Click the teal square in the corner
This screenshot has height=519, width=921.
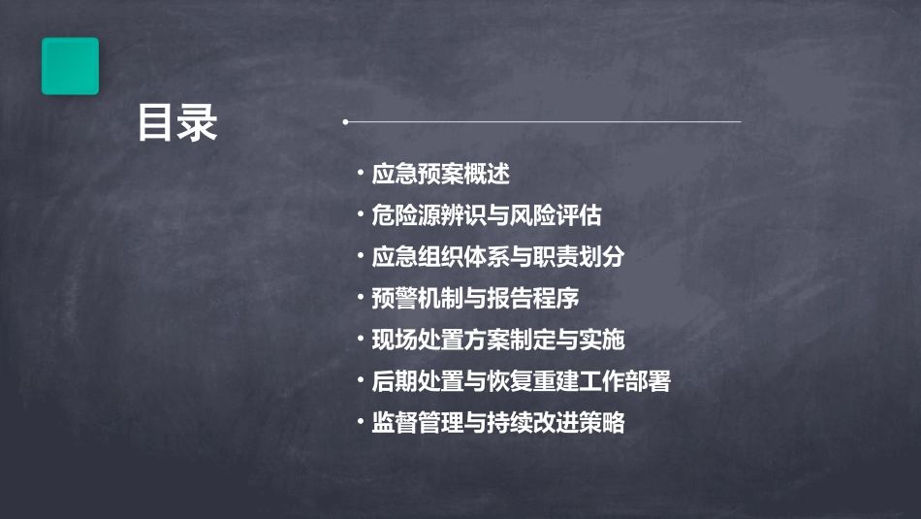coord(70,66)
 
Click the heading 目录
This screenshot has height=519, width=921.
coord(177,124)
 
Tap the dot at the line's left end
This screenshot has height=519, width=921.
coord(345,122)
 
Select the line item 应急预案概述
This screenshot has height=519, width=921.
coord(440,175)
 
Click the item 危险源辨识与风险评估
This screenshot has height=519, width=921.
coord(492,215)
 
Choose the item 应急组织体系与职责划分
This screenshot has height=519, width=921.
coord(497,257)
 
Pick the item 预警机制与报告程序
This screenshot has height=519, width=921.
coord(475,299)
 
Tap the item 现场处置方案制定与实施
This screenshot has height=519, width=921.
coord(497,340)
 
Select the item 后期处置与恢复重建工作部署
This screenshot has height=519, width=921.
coord(521,381)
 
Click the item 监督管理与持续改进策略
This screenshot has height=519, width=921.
coord(497,423)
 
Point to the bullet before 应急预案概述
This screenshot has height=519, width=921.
coord(360,175)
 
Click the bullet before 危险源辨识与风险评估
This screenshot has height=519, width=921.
coord(360,215)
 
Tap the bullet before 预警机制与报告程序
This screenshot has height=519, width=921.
coord(360,299)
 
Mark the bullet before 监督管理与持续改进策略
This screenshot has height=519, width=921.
coord(360,423)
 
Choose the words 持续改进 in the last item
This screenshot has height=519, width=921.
coord(532,423)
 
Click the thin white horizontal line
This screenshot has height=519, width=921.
coord(543,122)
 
